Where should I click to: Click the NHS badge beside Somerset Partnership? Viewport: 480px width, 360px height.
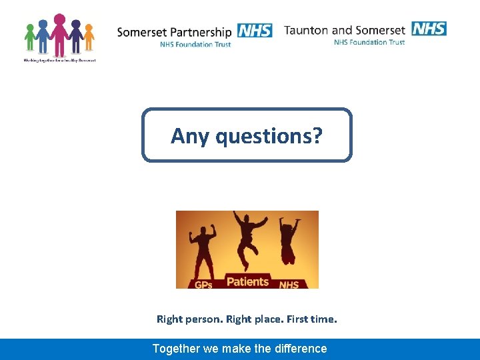pyautogui.click(x=254, y=31)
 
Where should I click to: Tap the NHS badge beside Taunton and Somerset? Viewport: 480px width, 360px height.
pyautogui.click(x=429, y=29)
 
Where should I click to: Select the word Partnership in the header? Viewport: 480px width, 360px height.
pyautogui.click(x=200, y=32)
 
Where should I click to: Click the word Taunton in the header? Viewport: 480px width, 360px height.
pyautogui.click(x=306, y=30)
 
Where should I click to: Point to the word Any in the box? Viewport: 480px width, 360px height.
pyautogui.click(x=190, y=136)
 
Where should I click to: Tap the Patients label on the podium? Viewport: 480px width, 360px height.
pyautogui.click(x=247, y=281)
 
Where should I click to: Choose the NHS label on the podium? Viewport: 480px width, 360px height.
pyautogui.click(x=289, y=285)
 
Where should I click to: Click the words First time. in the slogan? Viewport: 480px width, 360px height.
pyautogui.click(x=314, y=319)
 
